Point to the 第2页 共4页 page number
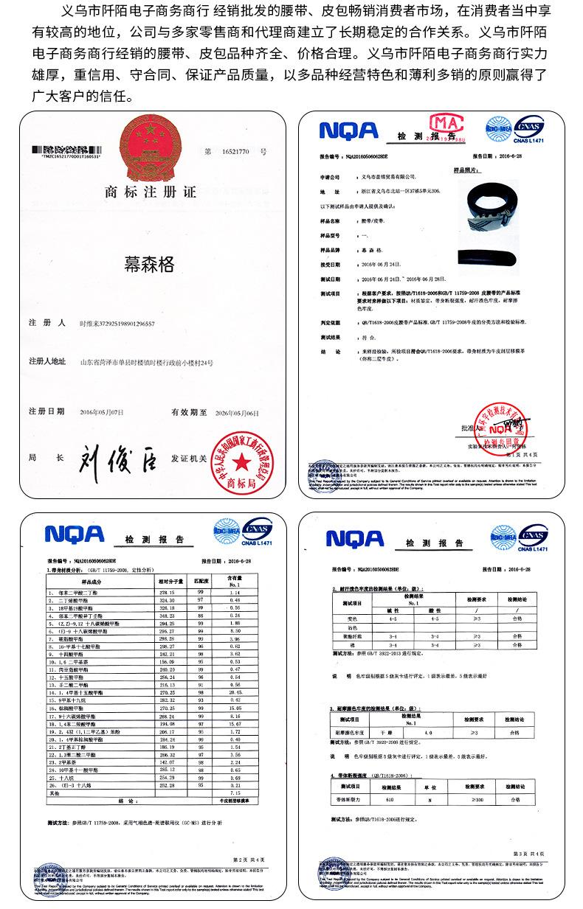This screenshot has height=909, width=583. [247, 859]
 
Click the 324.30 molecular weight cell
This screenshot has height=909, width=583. [166, 599]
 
